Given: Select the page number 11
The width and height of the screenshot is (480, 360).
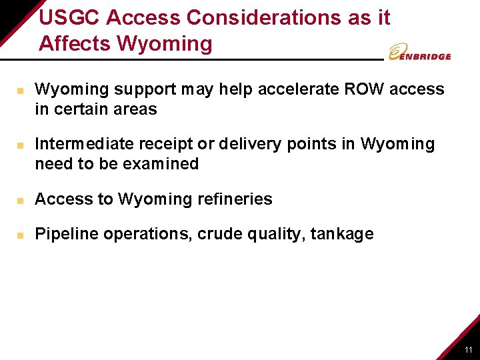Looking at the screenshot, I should click(469, 350).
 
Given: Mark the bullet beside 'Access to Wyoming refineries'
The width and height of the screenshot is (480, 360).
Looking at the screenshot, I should click(21, 200).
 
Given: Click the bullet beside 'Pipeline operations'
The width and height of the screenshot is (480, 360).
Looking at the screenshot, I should click(21, 235).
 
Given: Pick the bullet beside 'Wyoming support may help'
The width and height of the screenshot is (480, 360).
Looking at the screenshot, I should click(21, 90).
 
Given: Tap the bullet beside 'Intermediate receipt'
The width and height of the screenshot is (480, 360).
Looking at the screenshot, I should click(21, 145).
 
